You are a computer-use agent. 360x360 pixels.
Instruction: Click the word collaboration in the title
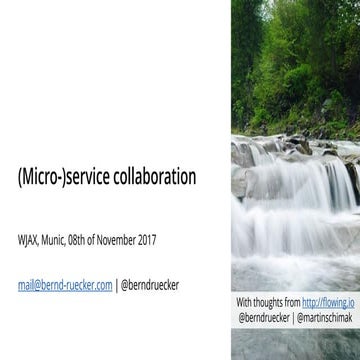[152, 177]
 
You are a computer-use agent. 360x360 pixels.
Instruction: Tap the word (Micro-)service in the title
[62, 177]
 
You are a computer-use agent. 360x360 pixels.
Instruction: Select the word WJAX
[28, 240]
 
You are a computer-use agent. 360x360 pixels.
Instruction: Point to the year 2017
[144, 240]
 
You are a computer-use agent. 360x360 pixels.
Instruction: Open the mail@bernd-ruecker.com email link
[64, 284]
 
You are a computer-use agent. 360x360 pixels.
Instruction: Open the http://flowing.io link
[324, 301]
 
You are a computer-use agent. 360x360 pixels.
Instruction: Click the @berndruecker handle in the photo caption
[263, 316]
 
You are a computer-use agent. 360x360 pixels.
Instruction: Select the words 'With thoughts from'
[268, 301]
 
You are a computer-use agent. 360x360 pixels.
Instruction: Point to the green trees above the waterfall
[290, 60]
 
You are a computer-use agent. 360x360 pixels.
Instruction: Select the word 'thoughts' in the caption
[267, 301]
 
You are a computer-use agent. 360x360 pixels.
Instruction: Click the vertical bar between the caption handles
[293, 316]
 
